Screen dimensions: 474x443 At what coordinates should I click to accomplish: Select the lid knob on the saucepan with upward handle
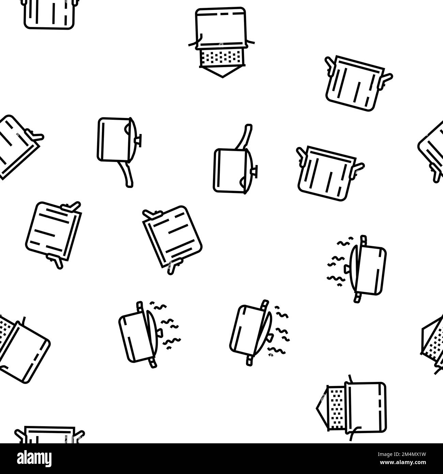pyautogui.click(x=255, y=169)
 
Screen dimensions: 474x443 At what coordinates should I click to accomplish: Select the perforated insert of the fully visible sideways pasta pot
pyautogui.click(x=336, y=404)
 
